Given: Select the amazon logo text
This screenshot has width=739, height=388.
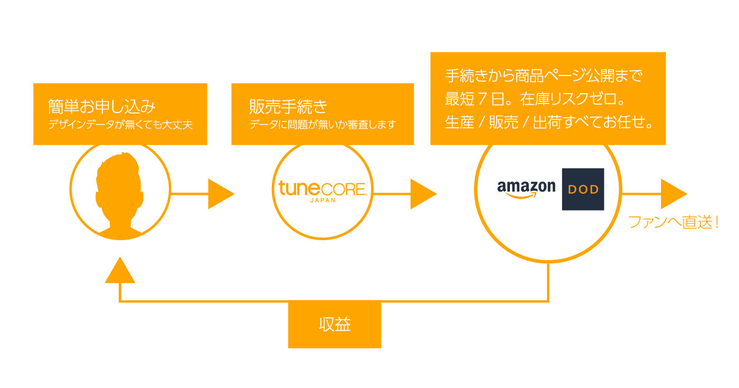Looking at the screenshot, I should [x=526, y=186].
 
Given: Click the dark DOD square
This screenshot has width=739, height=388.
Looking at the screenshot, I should [x=583, y=189].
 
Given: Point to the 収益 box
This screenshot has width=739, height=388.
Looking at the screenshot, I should [x=334, y=324].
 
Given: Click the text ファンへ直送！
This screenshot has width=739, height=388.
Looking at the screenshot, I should [x=674, y=222].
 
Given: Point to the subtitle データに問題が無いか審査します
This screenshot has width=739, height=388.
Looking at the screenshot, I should [x=322, y=126].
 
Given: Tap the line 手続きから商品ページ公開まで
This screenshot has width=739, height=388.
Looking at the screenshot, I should [x=544, y=76].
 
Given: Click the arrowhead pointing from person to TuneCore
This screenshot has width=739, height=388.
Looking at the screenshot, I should [x=220, y=194].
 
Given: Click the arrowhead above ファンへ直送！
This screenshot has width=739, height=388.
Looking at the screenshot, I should [x=672, y=194].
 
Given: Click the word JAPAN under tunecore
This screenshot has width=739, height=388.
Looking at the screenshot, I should [x=321, y=201].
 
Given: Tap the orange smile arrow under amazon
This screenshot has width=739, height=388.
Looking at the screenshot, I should [x=520, y=195].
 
